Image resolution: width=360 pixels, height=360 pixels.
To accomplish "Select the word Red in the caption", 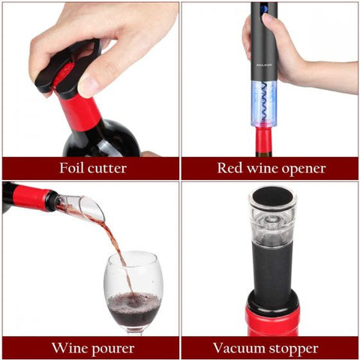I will (230, 168).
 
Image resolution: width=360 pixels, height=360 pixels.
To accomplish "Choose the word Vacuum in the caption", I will (239, 349).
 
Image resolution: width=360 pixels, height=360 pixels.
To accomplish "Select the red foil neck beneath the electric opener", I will (264, 141).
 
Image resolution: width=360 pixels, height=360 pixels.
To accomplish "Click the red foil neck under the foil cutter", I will (85, 112).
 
